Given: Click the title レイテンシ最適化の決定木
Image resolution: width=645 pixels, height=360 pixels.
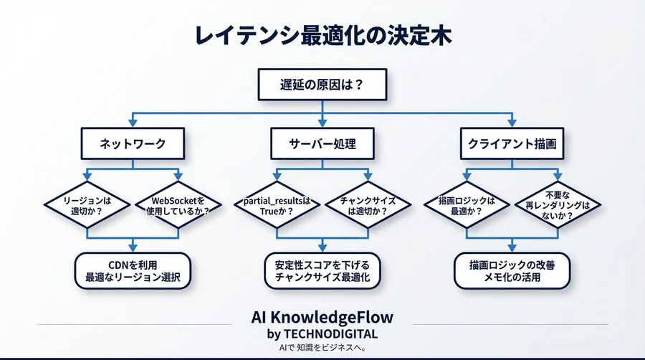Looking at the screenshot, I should (x=322, y=36).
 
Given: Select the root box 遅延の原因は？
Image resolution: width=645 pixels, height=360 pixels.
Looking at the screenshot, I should (x=322, y=84).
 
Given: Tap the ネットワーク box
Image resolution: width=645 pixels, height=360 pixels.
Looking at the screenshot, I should (x=133, y=144).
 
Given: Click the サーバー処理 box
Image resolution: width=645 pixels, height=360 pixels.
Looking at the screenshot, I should (x=322, y=144).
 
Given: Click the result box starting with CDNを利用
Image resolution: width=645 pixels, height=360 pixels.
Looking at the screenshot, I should (x=133, y=270).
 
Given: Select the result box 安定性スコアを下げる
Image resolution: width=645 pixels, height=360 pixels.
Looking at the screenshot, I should (x=322, y=270).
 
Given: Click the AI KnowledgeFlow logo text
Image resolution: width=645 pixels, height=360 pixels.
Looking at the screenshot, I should (x=322, y=318).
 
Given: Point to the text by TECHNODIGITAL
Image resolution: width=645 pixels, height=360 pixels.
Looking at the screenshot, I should (x=322, y=334).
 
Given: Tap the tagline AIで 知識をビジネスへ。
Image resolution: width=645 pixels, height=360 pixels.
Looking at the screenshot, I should (x=322, y=348).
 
